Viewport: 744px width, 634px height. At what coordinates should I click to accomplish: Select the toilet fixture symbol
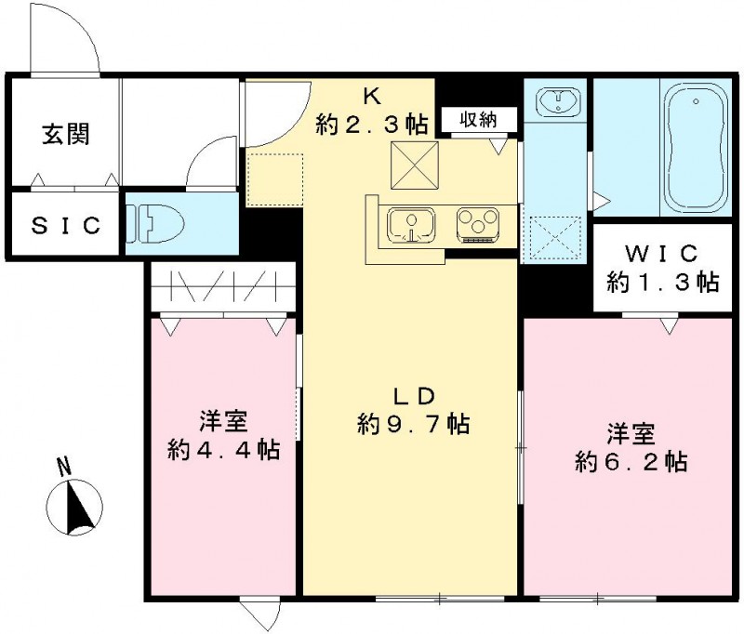155,224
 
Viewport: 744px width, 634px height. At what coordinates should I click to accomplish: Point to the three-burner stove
478,225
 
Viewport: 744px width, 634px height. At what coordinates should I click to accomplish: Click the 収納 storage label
475,118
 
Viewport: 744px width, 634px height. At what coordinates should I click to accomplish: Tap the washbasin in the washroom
555,99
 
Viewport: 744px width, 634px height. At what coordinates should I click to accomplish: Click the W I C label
663,253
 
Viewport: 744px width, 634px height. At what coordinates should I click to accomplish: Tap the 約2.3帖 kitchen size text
371,123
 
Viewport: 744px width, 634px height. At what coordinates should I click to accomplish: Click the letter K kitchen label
371,95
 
